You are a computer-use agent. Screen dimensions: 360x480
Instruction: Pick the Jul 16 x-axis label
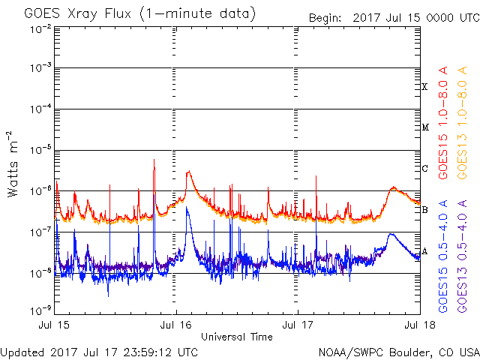point(176,325)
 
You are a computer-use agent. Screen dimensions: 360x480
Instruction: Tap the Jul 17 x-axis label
point(298,325)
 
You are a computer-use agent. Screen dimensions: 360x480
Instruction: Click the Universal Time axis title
point(237,337)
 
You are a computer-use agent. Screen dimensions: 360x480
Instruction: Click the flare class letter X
point(425,87)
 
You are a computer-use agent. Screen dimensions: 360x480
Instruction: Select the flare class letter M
point(425,127)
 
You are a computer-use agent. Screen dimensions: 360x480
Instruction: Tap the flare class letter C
point(425,168)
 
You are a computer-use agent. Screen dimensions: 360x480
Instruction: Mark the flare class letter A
point(425,250)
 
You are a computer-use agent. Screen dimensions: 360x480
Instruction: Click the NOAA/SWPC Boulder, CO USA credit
point(398,352)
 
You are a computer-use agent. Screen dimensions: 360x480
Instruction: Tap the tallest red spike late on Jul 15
point(154,160)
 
